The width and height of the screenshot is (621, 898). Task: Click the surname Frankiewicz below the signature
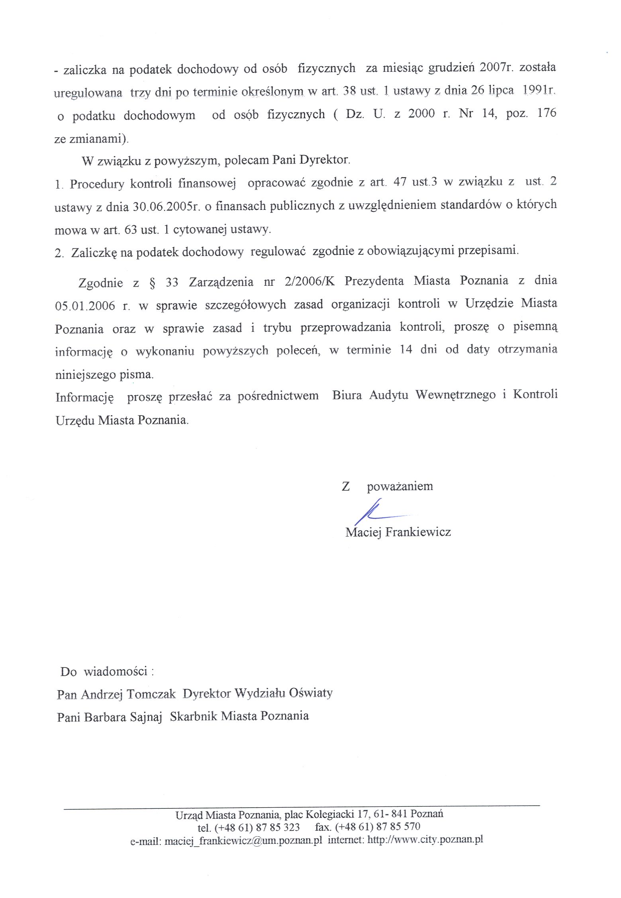point(418,532)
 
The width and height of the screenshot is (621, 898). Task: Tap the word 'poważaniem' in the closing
point(400,486)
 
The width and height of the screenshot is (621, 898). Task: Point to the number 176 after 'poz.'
point(547,113)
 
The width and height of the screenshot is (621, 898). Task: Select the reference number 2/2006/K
point(310,281)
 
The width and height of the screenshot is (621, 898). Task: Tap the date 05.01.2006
point(85,306)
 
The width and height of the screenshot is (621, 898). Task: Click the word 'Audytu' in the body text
point(388,395)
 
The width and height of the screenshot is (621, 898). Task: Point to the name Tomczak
point(151,694)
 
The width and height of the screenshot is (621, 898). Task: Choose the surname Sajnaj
point(145,717)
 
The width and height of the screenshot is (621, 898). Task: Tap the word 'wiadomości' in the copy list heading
point(116,672)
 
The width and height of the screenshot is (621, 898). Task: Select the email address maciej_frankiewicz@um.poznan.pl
point(243,841)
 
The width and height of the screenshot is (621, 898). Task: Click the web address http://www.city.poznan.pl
point(425,839)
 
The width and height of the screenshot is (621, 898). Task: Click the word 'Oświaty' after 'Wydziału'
point(311,693)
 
